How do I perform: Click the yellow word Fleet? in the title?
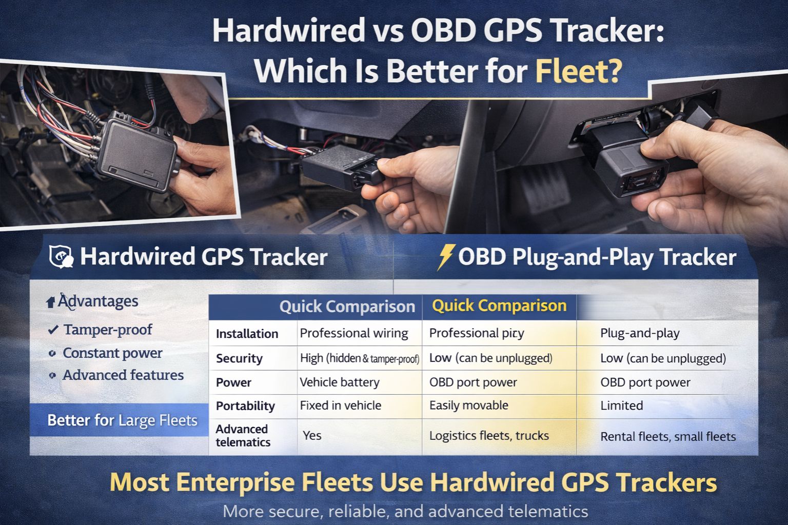(x=578, y=71)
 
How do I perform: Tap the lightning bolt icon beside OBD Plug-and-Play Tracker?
(x=445, y=257)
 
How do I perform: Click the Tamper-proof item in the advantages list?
(x=107, y=330)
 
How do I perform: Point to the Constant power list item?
(x=112, y=353)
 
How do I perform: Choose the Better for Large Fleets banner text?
(x=122, y=420)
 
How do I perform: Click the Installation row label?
(x=247, y=334)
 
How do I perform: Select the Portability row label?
(x=245, y=406)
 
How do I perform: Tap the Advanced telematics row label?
(x=242, y=435)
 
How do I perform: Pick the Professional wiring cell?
(x=353, y=333)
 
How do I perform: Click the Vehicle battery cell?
(x=339, y=382)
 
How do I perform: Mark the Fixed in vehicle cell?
(x=340, y=406)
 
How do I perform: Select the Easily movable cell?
(x=468, y=406)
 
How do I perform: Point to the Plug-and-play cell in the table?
(x=639, y=333)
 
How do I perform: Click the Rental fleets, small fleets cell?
(x=667, y=437)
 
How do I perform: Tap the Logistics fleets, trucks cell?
(x=488, y=436)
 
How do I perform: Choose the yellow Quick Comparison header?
(x=499, y=306)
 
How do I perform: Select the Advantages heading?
(x=97, y=301)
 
